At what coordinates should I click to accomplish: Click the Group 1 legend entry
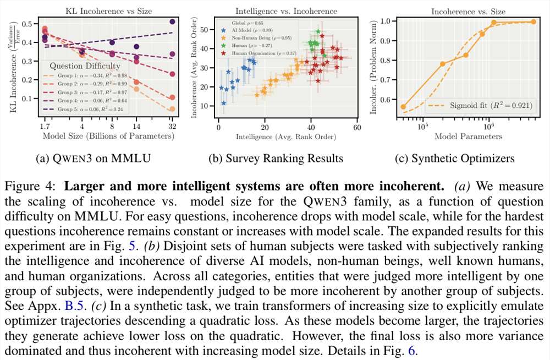85,75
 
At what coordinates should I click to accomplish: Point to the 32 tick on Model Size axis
172,125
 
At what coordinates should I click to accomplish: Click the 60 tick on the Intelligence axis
356,127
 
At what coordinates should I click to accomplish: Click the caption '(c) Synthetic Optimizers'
455,159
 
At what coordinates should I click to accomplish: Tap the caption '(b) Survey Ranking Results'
276,159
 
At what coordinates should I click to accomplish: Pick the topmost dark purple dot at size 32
172,22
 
